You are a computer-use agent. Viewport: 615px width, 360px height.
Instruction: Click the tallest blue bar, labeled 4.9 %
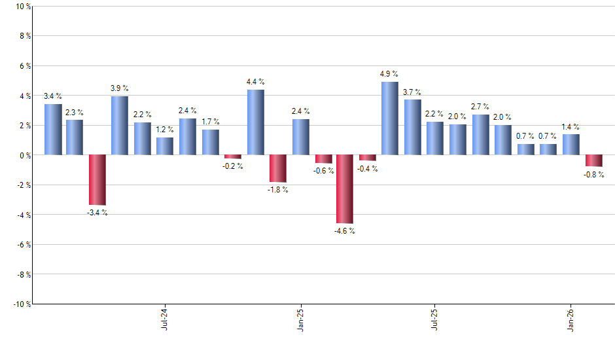point(389,118)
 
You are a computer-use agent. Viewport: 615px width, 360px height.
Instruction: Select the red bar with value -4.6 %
point(345,189)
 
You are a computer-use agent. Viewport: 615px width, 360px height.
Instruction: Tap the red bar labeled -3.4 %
point(97,180)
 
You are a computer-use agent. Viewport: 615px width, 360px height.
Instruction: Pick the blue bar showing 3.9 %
point(120,126)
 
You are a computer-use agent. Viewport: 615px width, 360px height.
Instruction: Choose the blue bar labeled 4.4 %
point(255,122)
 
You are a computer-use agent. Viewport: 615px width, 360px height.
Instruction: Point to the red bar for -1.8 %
point(277,169)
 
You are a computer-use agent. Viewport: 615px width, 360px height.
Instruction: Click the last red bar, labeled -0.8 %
point(593,161)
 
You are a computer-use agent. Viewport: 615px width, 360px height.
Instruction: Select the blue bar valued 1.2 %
point(165,146)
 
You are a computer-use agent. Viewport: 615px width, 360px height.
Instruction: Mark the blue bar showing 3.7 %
point(412,127)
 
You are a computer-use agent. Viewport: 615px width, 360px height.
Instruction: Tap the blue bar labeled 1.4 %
point(571,145)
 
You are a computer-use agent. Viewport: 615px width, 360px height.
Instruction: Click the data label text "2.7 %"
point(480,107)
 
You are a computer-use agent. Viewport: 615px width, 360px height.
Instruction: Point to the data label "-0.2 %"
point(233,166)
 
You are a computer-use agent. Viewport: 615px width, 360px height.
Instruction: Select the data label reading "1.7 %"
point(211,122)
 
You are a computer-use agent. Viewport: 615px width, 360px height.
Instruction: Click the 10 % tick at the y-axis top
point(22,7)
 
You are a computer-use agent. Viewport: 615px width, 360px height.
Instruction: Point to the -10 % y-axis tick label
point(20,304)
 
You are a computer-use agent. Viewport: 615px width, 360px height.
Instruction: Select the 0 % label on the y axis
point(24,156)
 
